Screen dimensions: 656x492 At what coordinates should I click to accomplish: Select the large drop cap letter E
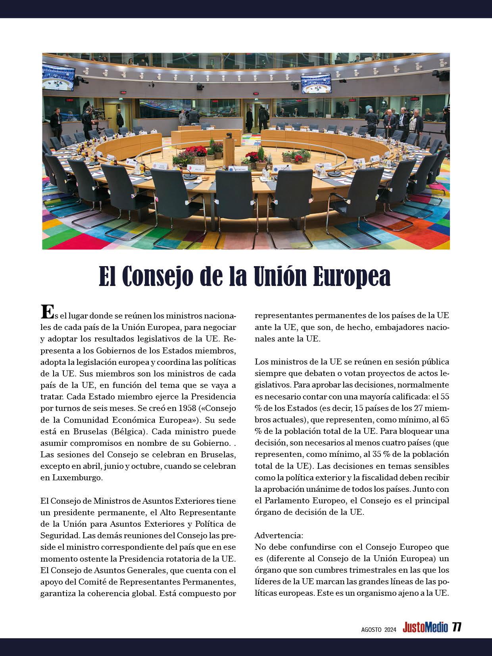[x=47, y=312]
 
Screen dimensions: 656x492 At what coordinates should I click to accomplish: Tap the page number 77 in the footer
[x=457, y=627]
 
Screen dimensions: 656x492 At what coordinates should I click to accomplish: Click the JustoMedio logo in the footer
[x=425, y=627]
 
